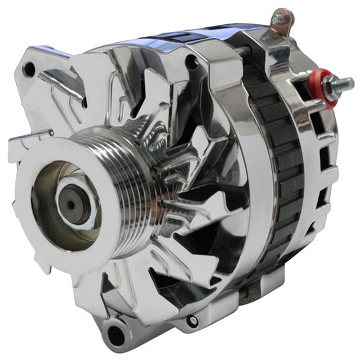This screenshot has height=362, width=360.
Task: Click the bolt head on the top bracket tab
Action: pyautogui.click(x=279, y=19)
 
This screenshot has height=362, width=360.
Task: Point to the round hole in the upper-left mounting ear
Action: pyautogui.click(x=29, y=70)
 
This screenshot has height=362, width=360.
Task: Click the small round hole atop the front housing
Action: pyautogui.click(x=193, y=61)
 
